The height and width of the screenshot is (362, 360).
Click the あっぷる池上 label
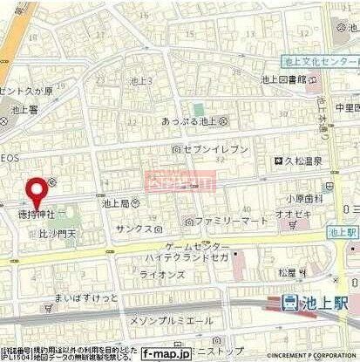[194, 121]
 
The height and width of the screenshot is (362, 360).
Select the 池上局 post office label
[120, 202]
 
